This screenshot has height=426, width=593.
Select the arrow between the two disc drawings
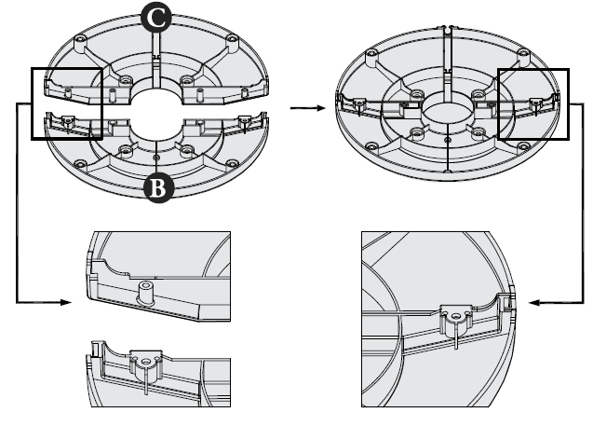pos(302,108)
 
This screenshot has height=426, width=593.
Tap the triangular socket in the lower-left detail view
pos(144,360)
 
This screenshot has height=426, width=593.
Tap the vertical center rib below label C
pos(156,56)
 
